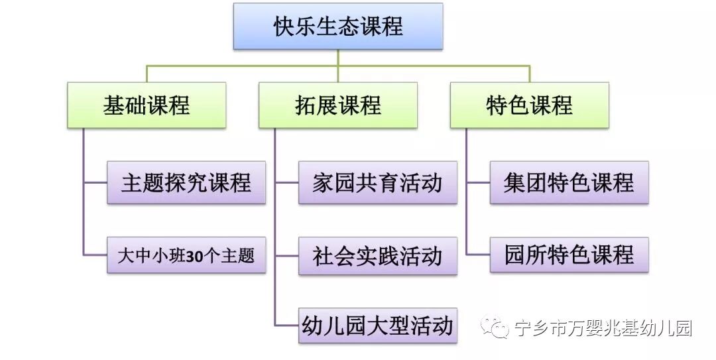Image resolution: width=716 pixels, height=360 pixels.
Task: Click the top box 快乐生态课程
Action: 338,27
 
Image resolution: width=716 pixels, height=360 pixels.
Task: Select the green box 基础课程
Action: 147,105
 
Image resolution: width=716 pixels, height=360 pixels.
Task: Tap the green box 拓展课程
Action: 338,105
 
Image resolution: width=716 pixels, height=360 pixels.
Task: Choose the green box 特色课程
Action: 529,105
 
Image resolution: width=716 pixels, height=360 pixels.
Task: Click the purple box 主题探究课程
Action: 186,182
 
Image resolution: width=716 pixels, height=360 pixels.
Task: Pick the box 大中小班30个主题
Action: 186,255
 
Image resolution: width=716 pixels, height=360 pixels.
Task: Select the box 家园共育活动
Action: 377,182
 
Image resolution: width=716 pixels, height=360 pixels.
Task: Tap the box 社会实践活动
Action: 377,256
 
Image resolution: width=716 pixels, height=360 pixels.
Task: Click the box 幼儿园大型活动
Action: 377,325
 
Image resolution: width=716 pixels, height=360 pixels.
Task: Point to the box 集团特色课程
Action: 569,182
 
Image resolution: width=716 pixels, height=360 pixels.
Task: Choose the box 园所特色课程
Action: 569,255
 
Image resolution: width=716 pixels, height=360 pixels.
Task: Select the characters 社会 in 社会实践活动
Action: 329,256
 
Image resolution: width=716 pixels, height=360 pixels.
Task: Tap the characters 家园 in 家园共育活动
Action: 329,182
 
